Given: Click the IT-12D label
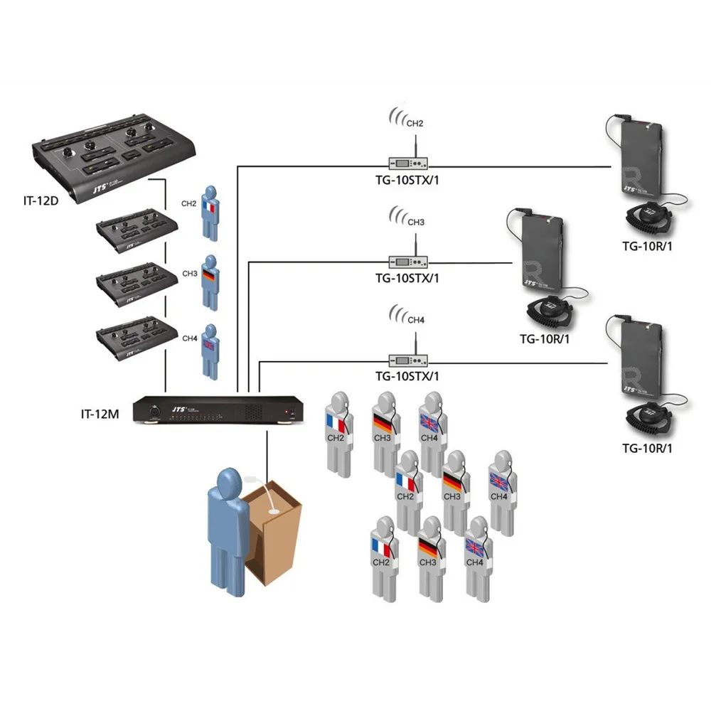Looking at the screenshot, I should (41, 201).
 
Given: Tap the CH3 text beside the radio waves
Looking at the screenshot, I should (416, 222).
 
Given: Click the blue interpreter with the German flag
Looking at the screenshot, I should (209, 282).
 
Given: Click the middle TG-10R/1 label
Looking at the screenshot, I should (545, 338).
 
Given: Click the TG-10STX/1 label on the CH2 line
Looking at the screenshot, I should (407, 180).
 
